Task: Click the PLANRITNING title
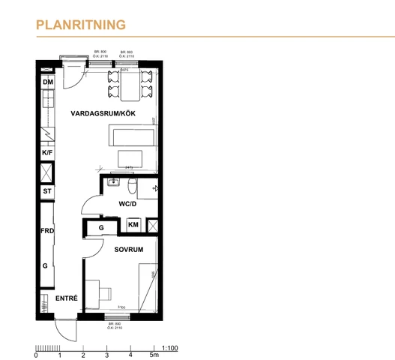tap(80, 25)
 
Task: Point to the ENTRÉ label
tap(67, 298)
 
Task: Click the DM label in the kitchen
tap(47, 82)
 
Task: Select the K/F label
tap(47, 152)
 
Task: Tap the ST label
tap(47, 191)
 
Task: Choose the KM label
tap(133, 225)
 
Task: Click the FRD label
tap(47, 232)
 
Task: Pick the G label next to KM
tap(101, 227)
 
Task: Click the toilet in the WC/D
tap(133, 187)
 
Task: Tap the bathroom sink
tap(115, 182)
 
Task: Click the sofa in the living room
tap(133, 137)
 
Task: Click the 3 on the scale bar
tap(107, 355)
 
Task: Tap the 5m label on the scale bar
tap(154, 355)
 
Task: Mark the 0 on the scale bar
tap(37, 355)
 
